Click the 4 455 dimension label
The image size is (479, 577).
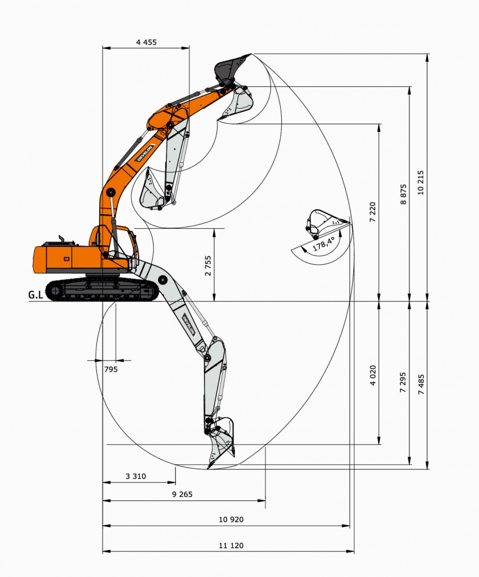click(146, 42)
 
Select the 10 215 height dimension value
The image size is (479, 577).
click(421, 183)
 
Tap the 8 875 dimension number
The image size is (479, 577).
click(403, 194)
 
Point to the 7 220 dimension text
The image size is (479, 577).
click(372, 212)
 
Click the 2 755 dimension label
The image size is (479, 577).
click(209, 265)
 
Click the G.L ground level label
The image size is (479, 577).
click(36, 294)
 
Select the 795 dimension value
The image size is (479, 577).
click(111, 369)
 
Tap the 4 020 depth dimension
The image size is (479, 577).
click(372, 375)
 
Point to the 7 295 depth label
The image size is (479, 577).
click(403, 383)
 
